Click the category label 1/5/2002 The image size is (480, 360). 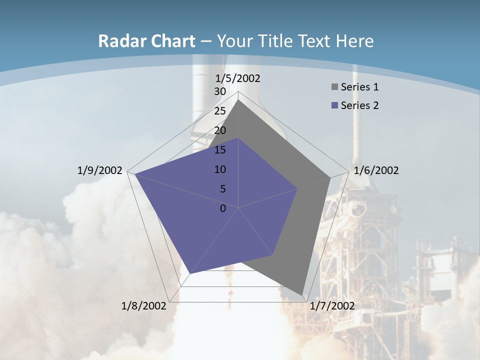(x=238, y=78)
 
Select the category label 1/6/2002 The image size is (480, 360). (x=376, y=170)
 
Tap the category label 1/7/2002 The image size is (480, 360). (x=332, y=306)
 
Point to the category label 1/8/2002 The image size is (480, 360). (x=144, y=306)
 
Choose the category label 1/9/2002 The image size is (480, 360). (x=100, y=170)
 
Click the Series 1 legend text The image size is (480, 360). (x=359, y=87)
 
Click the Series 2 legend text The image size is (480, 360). (x=359, y=105)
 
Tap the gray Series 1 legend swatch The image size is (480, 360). (x=334, y=87)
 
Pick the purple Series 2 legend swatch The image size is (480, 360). (x=334, y=106)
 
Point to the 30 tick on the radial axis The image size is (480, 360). (x=220, y=91)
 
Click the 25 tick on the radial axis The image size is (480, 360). (x=220, y=111)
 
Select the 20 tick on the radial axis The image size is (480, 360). (x=220, y=130)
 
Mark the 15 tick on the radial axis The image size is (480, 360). (x=220, y=150)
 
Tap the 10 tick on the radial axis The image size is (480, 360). (x=220, y=169)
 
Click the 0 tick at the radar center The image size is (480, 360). (x=223, y=208)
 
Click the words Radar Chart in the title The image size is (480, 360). (x=146, y=41)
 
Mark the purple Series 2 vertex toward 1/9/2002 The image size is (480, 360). (x=135, y=174)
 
